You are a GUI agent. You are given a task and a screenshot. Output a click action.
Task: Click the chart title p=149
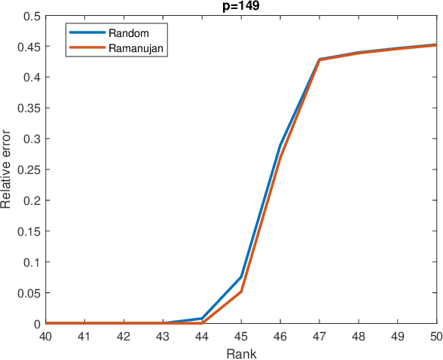pos(241,7)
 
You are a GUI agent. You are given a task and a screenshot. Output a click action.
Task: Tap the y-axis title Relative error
pos(8,169)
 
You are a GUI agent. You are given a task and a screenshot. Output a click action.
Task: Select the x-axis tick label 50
pos(436,336)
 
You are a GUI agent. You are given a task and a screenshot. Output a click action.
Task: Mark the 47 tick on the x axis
pos(319,336)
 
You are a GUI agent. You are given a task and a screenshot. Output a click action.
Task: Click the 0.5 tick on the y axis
pos(32,15)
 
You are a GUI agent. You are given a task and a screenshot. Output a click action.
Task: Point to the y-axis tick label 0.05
pos(29,293)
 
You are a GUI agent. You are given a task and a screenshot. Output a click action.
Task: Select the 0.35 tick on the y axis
pos(29,108)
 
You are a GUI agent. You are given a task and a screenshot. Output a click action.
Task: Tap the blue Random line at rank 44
pos(202,319)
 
